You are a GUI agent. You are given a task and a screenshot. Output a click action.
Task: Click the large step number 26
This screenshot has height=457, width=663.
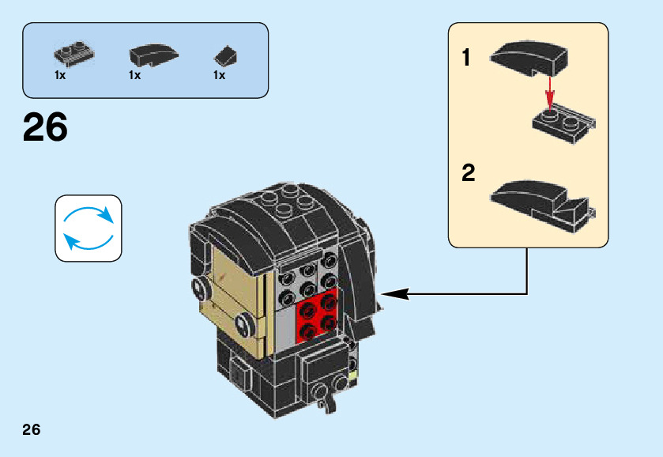[x=46, y=128]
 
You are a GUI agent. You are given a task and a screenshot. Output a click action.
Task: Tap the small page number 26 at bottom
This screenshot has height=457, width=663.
[x=32, y=430]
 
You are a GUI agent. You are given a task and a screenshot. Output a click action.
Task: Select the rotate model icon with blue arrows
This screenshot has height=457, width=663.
[x=89, y=228]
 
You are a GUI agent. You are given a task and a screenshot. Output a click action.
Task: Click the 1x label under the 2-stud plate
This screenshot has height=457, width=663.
[x=60, y=76]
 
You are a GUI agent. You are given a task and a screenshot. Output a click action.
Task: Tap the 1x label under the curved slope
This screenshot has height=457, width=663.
[x=134, y=76]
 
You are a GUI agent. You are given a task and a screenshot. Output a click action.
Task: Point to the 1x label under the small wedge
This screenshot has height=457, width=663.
[x=219, y=76]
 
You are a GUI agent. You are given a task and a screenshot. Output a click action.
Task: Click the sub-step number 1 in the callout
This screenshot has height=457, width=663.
[x=467, y=58]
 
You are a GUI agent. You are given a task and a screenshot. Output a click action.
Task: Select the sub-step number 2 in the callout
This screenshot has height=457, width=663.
[x=469, y=174]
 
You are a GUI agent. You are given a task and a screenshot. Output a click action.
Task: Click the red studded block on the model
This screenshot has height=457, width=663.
[x=317, y=316]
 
